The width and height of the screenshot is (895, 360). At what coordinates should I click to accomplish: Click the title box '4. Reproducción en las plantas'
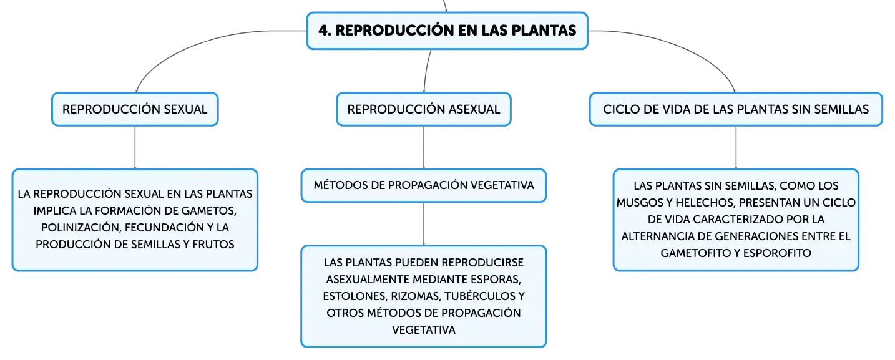[x=447, y=31]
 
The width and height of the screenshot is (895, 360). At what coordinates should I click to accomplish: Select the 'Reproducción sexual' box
[x=135, y=109]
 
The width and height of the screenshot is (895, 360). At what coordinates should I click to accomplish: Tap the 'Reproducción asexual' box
[x=424, y=109]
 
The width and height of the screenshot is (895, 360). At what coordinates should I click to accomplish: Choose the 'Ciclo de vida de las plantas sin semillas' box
[x=736, y=109]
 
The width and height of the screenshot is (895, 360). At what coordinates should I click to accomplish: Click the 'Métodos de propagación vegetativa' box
[x=424, y=185]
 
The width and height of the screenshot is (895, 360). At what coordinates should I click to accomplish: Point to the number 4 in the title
[x=324, y=31]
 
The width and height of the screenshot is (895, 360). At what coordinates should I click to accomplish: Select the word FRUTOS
[x=213, y=244]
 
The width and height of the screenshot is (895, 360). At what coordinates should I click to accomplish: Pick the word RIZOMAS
[x=415, y=296]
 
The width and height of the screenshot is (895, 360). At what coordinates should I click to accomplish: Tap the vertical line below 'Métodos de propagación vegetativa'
[x=424, y=224]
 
